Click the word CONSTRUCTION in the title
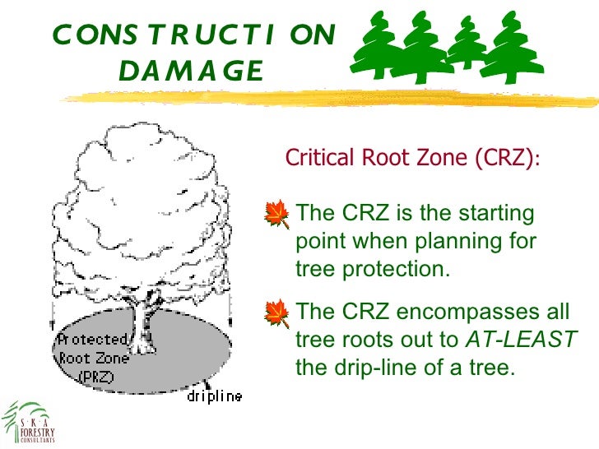point(194,35)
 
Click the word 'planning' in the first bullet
point(443,242)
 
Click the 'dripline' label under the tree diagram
point(213,397)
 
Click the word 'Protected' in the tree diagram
point(91,340)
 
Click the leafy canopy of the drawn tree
point(140,206)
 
